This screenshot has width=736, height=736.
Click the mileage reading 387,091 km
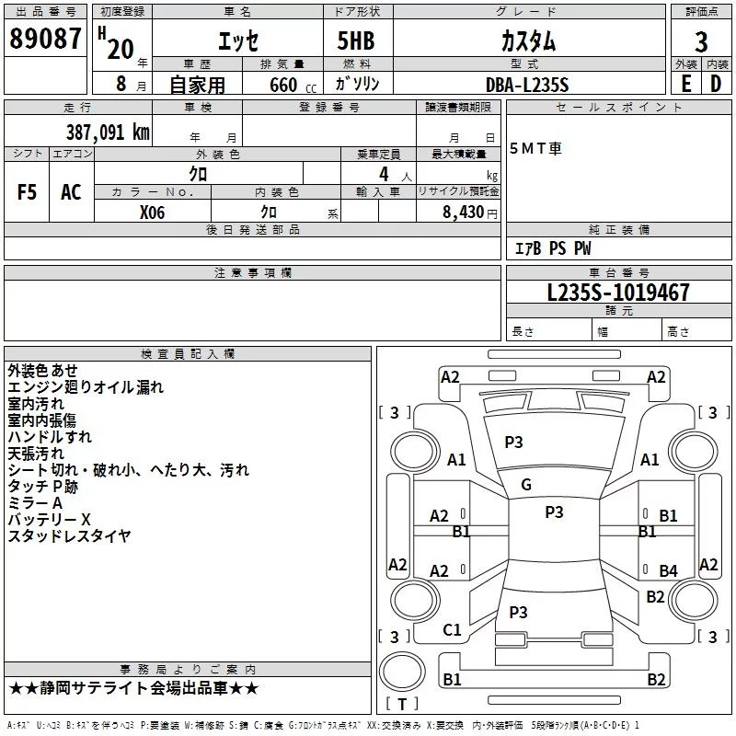click(x=107, y=132)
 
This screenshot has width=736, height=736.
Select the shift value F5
click(x=28, y=192)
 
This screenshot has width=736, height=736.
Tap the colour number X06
click(x=153, y=211)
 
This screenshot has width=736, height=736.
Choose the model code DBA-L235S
click(x=527, y=85)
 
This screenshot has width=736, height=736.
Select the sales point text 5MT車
click(x=536, y=149)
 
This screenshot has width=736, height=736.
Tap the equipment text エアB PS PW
click(x=552, y=248)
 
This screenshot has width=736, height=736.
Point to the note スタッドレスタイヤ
click(x=69, y=535)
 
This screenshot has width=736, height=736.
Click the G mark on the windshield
click(x=525, y=485)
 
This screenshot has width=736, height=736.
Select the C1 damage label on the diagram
click(x=452, y=630)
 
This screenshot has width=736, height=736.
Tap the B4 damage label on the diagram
click(x=668, y=571)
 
